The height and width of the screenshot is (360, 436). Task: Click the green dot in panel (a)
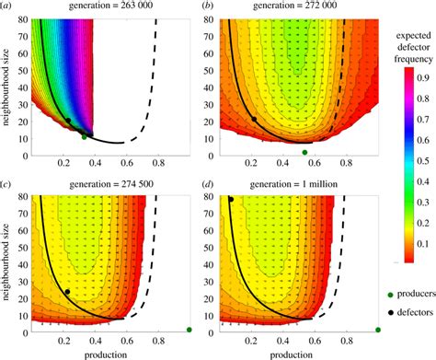85,136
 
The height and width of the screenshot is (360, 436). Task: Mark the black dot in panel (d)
231,199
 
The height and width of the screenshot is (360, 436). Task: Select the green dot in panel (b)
305,152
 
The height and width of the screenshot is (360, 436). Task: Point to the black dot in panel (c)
66,292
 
